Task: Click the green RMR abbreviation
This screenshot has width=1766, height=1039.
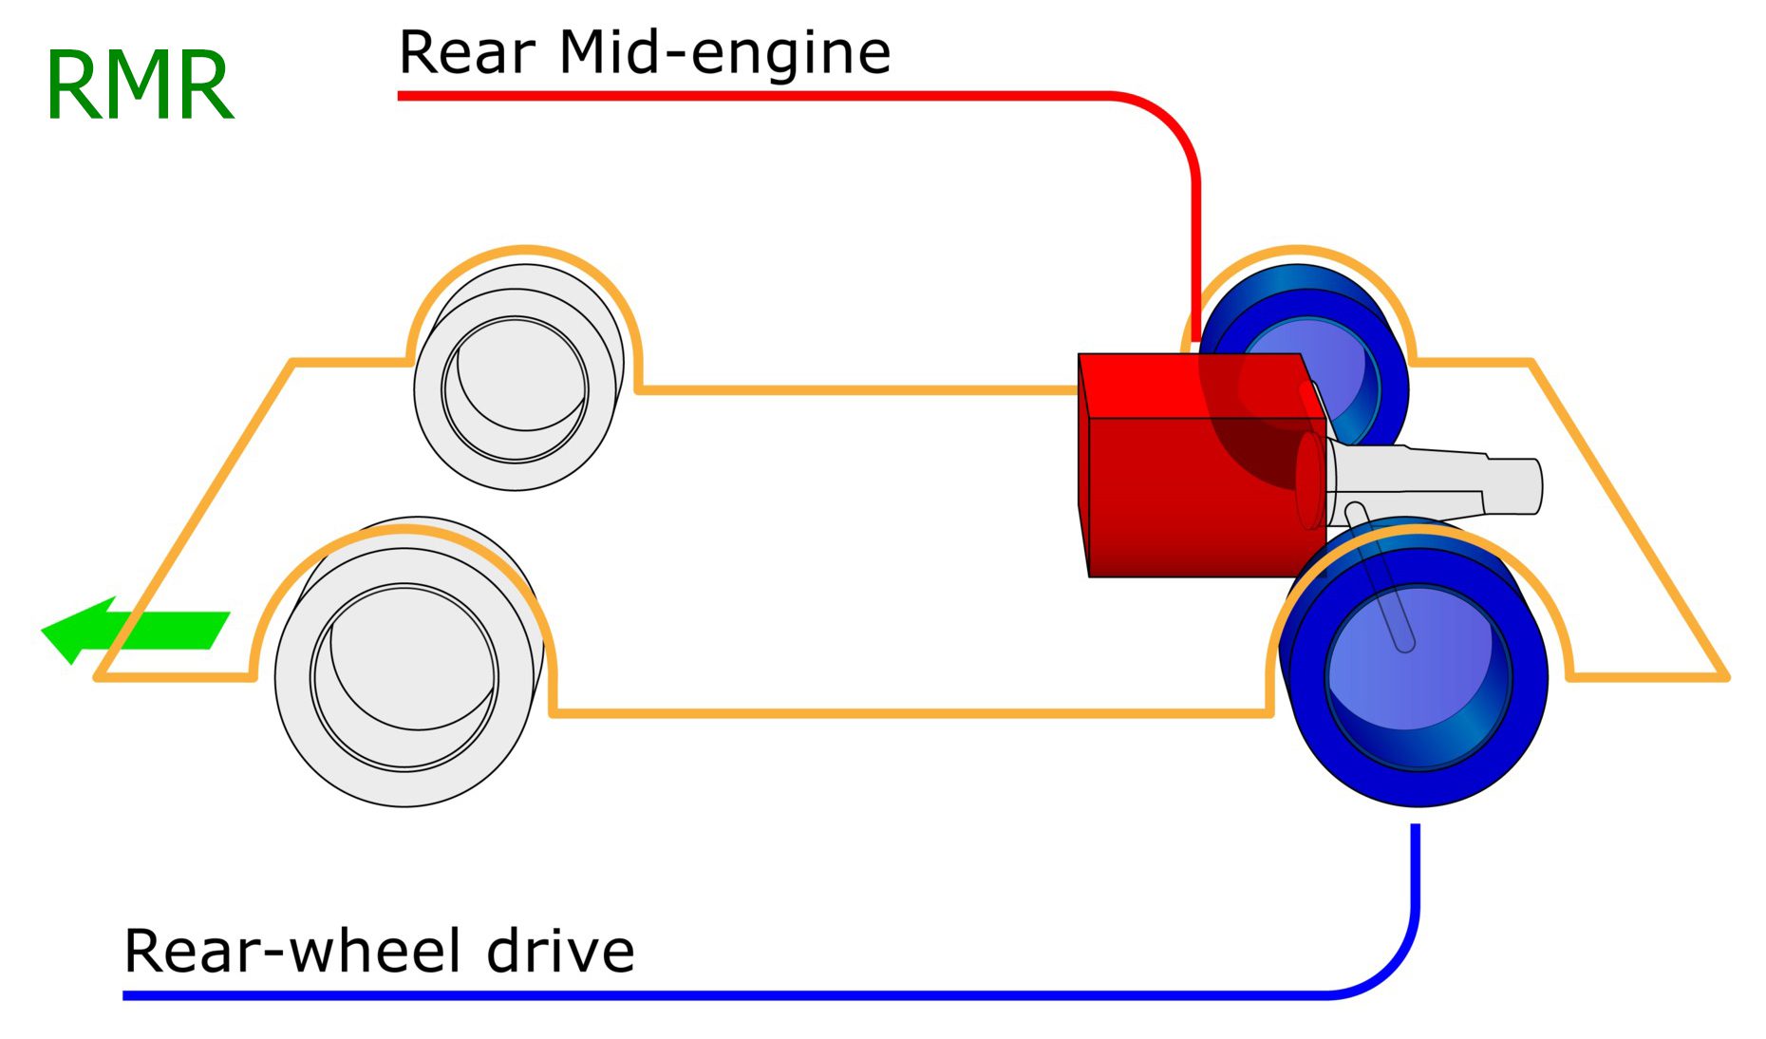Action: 139,86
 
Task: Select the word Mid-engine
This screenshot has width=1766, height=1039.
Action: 724,53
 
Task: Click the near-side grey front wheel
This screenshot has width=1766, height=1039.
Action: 404,674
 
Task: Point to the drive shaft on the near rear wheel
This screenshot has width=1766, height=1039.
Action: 1381,579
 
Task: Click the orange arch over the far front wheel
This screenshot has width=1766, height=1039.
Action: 525,251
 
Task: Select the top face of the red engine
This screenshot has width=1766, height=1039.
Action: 1187,385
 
